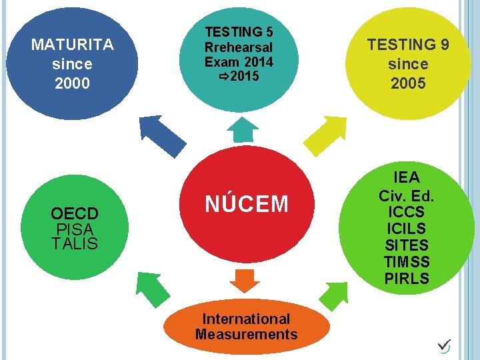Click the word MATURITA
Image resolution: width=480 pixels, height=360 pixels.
pos(73,45)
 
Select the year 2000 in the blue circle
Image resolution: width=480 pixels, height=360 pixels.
pos(73,83)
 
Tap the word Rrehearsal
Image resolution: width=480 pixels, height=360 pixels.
pos(239,47)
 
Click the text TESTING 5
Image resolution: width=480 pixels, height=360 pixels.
pos(239,32)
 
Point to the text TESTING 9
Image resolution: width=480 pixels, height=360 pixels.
pos(408,45)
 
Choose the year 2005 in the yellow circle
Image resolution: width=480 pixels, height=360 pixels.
pos(408,83)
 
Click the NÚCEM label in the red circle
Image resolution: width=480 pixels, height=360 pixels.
pos(247,203)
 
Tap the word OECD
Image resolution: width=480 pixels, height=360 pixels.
pos(75,214)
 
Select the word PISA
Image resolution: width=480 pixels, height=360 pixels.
pos(75,229)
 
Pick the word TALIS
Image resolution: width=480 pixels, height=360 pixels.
pos(75,243)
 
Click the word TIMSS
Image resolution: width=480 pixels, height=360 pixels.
pos(407,262)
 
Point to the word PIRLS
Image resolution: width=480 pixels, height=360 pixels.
pos(407,279)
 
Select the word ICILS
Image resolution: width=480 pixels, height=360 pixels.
pos(407,229)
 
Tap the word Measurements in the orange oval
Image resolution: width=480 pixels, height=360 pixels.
pos(247,335)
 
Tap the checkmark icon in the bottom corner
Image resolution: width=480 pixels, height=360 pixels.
pos(444,345)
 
